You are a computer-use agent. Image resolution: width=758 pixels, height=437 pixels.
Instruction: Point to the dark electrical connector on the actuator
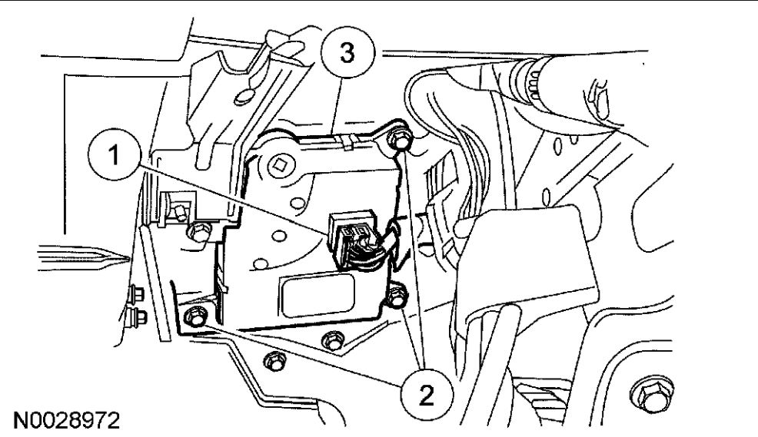click(x=347, y=234)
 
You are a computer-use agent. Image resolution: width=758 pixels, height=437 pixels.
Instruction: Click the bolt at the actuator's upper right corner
click(x=398, y=141)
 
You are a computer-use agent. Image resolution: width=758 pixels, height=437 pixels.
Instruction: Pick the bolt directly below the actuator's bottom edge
click(x=332, y=338)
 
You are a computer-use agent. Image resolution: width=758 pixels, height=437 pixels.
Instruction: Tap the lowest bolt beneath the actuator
click(x=271, y=358)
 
